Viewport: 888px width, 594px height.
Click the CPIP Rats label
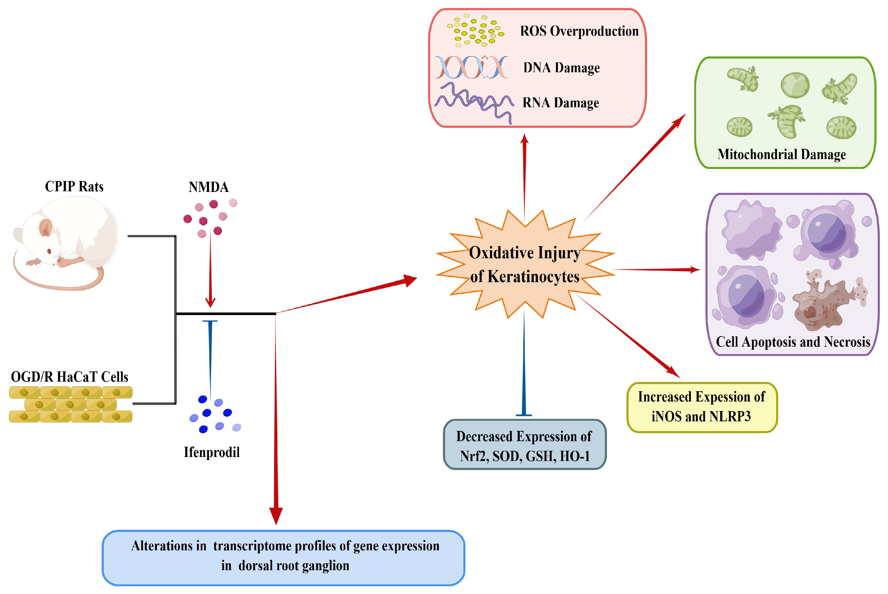74,186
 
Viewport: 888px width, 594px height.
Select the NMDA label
209,187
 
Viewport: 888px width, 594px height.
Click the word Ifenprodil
212,452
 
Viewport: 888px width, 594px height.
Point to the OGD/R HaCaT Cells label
69,377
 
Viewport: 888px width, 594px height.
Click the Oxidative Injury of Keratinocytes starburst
524,264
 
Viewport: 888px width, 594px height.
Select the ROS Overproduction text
579,31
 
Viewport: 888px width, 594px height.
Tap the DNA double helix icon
471,68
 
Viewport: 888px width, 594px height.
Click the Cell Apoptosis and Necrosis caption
793,342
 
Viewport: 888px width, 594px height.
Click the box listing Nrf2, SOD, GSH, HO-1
524,446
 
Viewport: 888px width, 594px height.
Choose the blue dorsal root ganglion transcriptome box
283,557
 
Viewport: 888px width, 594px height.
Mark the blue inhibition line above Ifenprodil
210,356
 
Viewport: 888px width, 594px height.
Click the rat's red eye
49,251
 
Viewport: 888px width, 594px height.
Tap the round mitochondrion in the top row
794,85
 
